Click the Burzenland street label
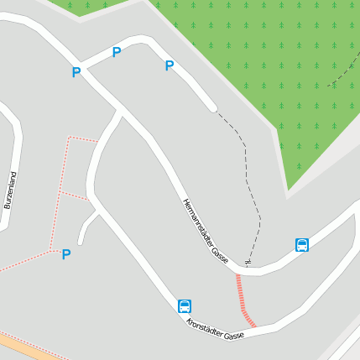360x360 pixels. click(10, 190)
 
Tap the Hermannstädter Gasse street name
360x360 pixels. click(206, 229)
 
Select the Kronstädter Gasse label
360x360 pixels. click(215, 330)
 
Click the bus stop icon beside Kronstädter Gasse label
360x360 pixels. click(185, 306)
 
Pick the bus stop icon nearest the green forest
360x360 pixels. click(302, 245)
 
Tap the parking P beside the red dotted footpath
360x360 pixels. click(66, 254)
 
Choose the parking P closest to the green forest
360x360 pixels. click(170, 65)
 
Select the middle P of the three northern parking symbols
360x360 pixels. click(117, 53)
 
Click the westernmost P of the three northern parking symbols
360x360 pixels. click(76, 73)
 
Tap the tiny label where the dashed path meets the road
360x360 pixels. click(248, 262)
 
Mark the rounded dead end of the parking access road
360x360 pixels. click(213, 107)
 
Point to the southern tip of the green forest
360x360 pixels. click(288, 190)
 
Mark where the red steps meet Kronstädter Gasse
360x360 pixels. click(253, 326)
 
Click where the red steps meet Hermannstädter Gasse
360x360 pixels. click(237, 274)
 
